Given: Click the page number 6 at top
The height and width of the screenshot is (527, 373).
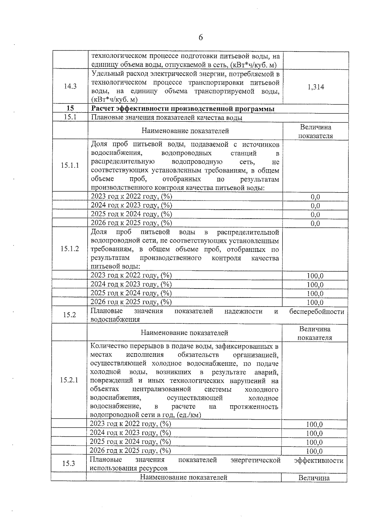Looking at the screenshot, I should coord(200,38).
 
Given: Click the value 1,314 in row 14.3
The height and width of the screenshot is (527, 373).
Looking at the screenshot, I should coord(316,87).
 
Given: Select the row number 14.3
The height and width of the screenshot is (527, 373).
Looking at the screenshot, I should coord(70,87).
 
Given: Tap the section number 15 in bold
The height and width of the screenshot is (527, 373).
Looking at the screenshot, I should coord(70,108).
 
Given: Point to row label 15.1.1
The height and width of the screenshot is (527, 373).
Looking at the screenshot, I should coord(70,165).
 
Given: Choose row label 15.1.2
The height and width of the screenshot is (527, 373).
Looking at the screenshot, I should coord(70,249).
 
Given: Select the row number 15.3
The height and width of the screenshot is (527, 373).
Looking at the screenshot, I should coord(69,464).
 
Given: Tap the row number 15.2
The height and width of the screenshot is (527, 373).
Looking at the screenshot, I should coord(70,315).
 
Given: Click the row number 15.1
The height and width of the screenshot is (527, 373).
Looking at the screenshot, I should coord(70,117).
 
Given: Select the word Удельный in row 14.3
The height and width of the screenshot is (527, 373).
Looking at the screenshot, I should coord(107,74).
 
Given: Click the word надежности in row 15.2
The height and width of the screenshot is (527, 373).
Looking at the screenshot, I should coord(243,311).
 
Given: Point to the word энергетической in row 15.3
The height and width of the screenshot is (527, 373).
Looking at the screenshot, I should coord(256,460).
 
